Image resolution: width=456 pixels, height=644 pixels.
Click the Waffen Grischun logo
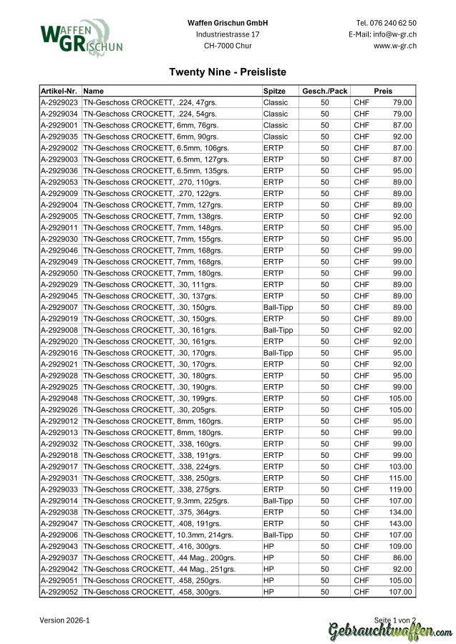(81, 39)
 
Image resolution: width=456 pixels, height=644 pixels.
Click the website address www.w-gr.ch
(395, 46)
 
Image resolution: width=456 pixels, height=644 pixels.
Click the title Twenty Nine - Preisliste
(228, 72)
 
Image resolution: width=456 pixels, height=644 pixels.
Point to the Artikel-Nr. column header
(59, 91)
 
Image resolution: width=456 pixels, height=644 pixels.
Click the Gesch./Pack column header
(324, 91)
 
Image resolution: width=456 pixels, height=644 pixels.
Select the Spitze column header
(274, 91)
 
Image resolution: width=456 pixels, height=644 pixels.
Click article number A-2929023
(59, 102)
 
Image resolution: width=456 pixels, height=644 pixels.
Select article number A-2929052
(59, 592)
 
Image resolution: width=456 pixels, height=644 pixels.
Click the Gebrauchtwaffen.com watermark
(390, 632)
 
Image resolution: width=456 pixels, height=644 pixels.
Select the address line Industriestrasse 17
(228, 34)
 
